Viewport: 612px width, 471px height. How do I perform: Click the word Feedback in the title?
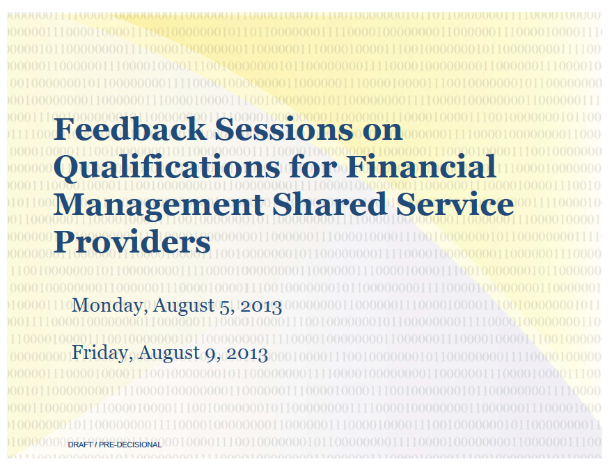[130, 129]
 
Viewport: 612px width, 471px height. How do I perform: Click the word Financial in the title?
[421, 166]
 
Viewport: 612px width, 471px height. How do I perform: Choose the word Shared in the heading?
[329, 204]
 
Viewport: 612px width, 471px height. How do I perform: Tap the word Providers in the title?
[132, 241]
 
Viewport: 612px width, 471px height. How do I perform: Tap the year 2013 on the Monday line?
[261, 306]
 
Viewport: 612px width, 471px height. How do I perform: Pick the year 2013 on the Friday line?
[247, 353]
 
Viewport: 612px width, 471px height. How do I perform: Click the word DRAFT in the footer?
[80, 445]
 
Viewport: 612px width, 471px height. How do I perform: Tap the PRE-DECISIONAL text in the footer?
[130, 445]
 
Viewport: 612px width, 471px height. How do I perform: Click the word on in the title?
[382, 131]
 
